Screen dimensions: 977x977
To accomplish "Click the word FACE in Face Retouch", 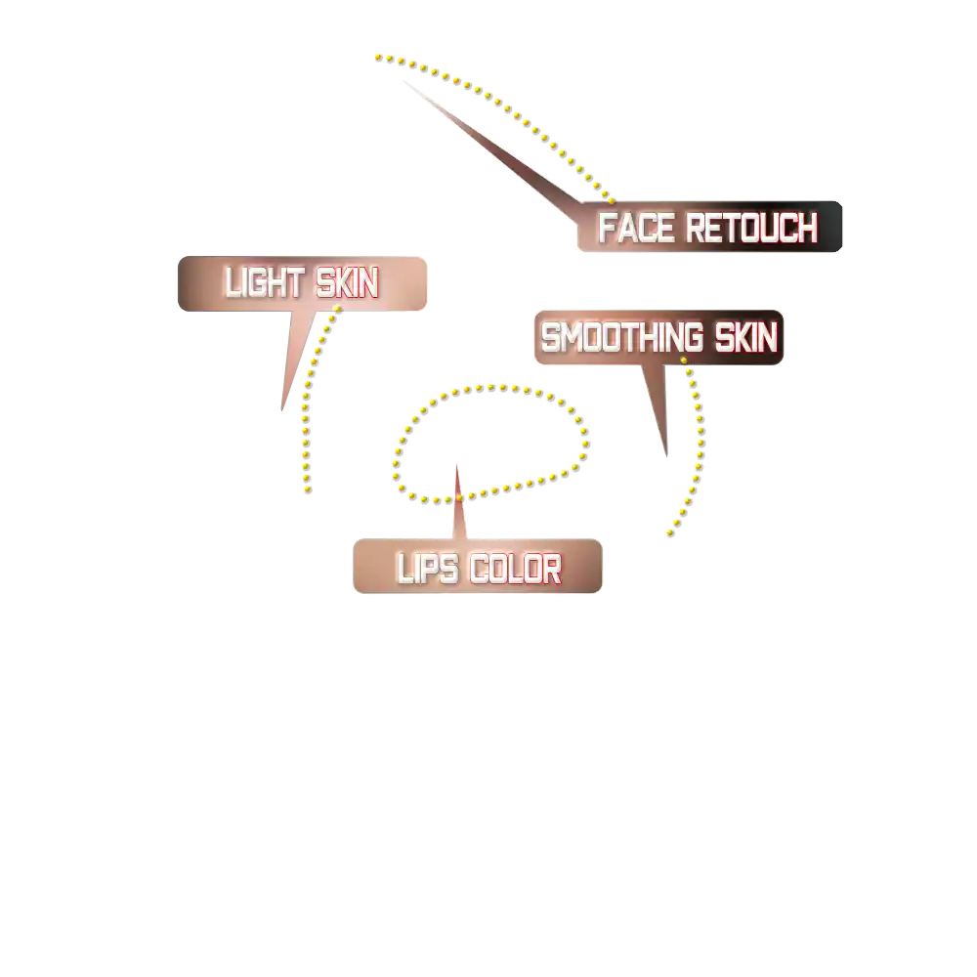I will [637, 229].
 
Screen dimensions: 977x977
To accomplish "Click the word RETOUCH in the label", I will [750, 229].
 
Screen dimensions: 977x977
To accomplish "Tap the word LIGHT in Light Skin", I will [263, 283].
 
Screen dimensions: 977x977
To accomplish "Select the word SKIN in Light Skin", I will [346, 283].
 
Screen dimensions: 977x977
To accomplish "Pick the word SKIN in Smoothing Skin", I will [745, 338].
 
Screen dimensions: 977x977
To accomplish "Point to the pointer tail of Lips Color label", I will [460, 508].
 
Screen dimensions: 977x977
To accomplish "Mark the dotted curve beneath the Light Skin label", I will [305, 410].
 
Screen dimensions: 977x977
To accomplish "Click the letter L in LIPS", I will [403, 569].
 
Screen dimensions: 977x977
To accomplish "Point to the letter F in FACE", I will [606, 229].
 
